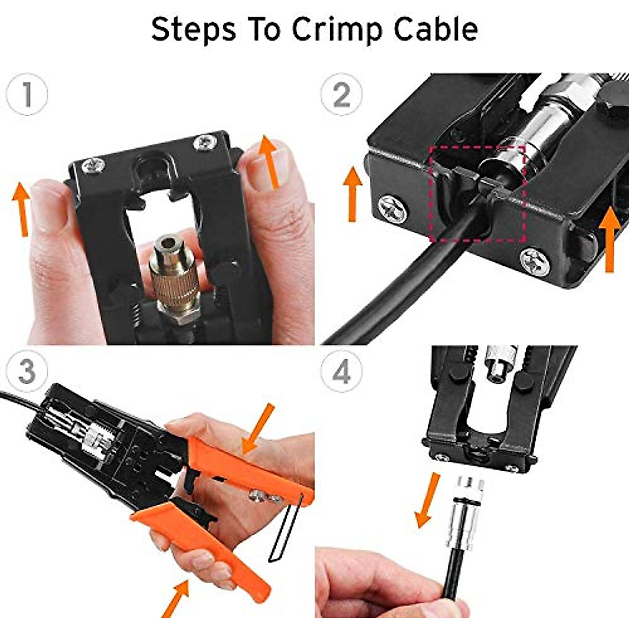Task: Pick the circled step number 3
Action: pos(27,371)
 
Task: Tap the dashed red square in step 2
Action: pos(477,194)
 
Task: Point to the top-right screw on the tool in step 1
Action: pos(201,142)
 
